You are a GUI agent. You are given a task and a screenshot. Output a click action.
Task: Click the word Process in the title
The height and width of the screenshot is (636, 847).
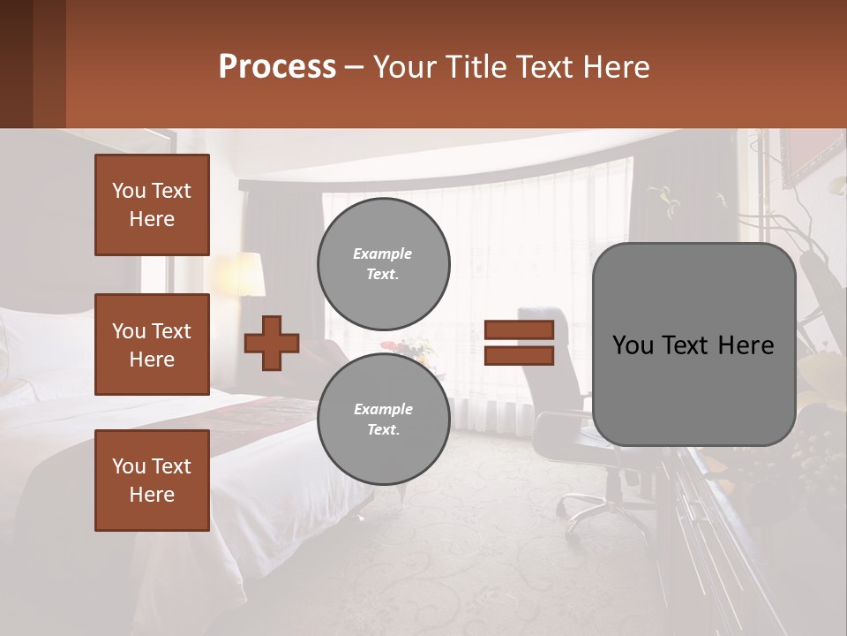pos(277,67)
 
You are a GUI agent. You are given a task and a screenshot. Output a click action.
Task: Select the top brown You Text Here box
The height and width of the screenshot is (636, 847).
pos(152,205)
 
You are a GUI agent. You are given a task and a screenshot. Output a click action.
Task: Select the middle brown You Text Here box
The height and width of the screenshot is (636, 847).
pos(152,344)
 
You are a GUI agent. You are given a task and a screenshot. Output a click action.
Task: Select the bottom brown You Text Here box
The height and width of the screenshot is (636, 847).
pos(152,481)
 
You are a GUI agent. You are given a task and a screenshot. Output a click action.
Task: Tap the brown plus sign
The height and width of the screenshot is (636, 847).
pos(272,343)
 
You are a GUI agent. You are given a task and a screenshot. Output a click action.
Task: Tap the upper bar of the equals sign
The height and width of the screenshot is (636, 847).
pos(519,330)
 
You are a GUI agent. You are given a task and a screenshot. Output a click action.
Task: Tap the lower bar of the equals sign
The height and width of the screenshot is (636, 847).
pos(519,355)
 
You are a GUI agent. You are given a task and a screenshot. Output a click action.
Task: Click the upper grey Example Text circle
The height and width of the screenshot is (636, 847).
pos(383,263)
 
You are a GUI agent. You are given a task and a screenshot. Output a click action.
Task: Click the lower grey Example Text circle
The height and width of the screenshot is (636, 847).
pos(383,420)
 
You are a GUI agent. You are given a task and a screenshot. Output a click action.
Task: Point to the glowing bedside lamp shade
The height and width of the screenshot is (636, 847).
pos(239,274)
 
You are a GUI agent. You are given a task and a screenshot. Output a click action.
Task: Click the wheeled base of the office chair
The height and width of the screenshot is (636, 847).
pos(587,512)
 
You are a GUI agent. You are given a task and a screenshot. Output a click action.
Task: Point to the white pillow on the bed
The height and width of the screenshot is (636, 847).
pos(44,349)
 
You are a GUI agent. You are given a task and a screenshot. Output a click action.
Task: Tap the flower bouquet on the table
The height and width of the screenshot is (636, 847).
pos(409,349)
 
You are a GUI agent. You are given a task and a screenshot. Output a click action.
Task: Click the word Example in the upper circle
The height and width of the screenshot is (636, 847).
pos(383,254)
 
